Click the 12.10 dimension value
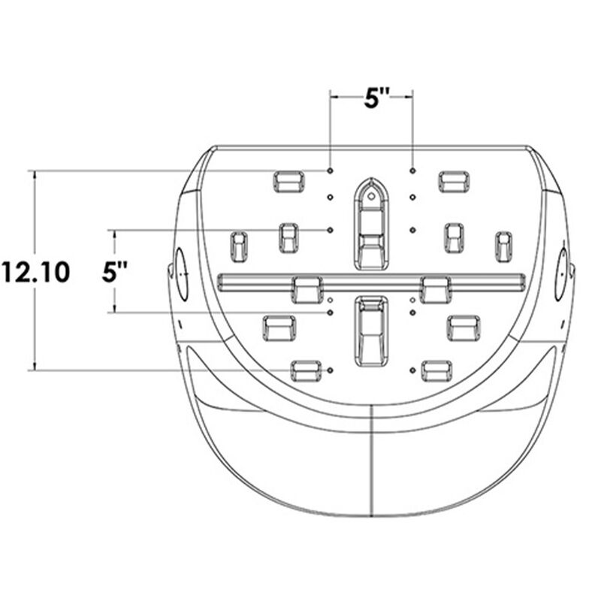click(35, 271)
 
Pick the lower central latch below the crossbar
click(371, 331)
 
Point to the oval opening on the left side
click(180, 274)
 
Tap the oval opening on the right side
click(562, 274)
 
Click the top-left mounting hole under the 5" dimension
click(331, 171)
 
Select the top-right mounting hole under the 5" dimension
click(412, 171)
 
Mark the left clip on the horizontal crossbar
click(307, 288)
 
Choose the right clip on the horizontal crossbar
click(436, 288)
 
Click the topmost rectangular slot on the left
click(288, 181)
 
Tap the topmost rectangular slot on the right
click(454, 181)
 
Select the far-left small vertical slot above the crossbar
click(238, 246)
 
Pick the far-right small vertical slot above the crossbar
click(503, 246)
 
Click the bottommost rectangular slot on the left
click(305, 370)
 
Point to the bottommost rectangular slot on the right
click(436, 370)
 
